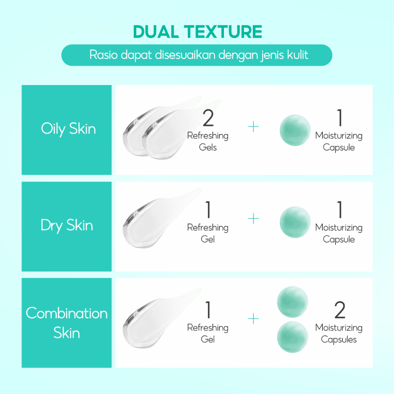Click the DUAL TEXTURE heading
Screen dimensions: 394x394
[197, 32]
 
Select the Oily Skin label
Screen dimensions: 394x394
[68, 129]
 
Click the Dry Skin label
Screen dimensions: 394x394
[67, 225]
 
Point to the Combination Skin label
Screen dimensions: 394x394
[67, 323]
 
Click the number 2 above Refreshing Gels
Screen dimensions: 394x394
[208, 118]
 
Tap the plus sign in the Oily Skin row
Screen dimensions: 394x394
[253, 126]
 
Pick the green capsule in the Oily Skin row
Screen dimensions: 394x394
[295, 130]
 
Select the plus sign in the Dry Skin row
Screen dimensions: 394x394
[253, 219]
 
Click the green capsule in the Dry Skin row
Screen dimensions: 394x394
[295, 222]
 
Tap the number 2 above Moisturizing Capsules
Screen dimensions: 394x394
[340, 310]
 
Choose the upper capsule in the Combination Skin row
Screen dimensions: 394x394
[292, 302]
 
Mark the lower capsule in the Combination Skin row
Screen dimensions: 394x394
[292, 337]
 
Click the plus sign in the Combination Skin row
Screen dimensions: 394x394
[253, 319]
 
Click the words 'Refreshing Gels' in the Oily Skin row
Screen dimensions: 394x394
[208, 142]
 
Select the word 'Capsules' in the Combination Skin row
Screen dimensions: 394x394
[339, 340]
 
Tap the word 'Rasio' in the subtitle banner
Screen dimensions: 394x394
[104, 55]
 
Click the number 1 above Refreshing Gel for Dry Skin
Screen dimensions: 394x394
[208, 210]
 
